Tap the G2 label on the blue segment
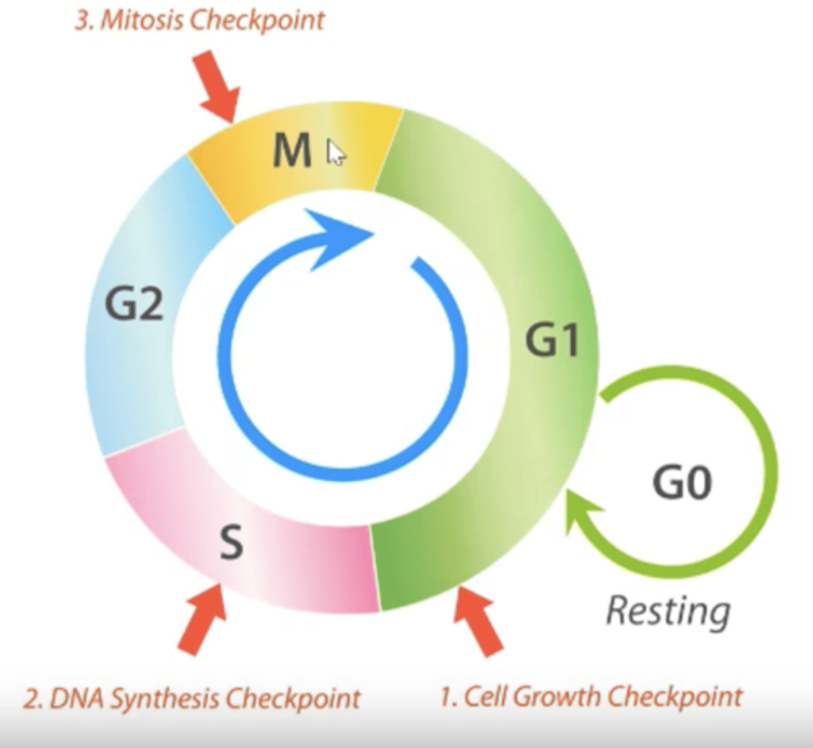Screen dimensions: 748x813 pyautogui.click(x=133, y=304)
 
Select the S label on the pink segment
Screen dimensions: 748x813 pyautogui.click(x=231, y=542)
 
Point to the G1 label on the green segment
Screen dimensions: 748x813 pyautogui.click(x=551, y=340)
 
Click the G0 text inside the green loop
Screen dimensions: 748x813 pyautogui.click(x=682, y=482)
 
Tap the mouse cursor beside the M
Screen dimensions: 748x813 pyautogui.click(x=335, y=153)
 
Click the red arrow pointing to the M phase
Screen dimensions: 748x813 pyautogui.click(x=218, y=87)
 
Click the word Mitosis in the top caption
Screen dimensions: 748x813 pyautogui.click(x=142, y=21)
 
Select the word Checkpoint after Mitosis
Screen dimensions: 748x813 pyautogui.click(x=257, y=21)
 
